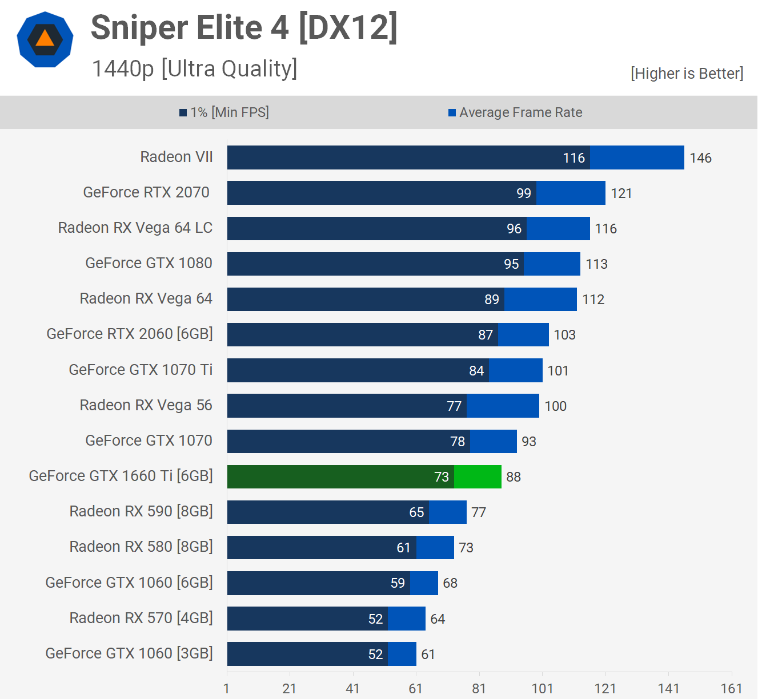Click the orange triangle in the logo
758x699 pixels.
pyautogui.click(x=45, y=38)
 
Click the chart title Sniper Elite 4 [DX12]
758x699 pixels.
pyautogui.click(x=244, y=27)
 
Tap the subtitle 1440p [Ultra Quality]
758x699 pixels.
pyautogui.click(x=194, y=68)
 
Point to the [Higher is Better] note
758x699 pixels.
pyautogui.click(x=687, y=74)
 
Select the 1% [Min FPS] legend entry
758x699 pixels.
pyautogui.click(x=224, y=112)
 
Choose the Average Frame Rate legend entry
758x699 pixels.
pyautogui.click(x=515, y=112)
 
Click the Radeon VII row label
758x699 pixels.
pyautogui.click(x=177, y=157)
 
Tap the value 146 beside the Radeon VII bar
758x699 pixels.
pyautogui.click(x=700, y=158)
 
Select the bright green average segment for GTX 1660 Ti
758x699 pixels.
pyautogui.click(x=478, y=476)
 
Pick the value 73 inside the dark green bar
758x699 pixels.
pyautogui.click(x=442, y=477)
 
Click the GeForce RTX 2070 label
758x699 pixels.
pyautogui.click(x=146, y=192)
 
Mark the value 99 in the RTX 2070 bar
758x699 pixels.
pyautogui.click(x=524, y=193)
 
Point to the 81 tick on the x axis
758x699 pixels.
pyautogui.click(x=479, y=688)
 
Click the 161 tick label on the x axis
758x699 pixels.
pyautogui.click(x=731, y=688)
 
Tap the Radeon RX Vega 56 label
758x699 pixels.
pyautogui.click(x=146, y=405)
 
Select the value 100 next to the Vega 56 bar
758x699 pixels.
pyautogui.click(x=555, y=406)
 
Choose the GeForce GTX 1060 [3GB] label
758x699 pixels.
pyautogui.click(x=129, y=653)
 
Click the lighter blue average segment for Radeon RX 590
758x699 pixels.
pyautogui.click(x=448, y=512)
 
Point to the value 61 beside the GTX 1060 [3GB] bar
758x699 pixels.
pyautogui.click(x=428, y=654)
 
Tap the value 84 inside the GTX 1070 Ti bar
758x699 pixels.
pyautogui.click(x=476, y=371)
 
